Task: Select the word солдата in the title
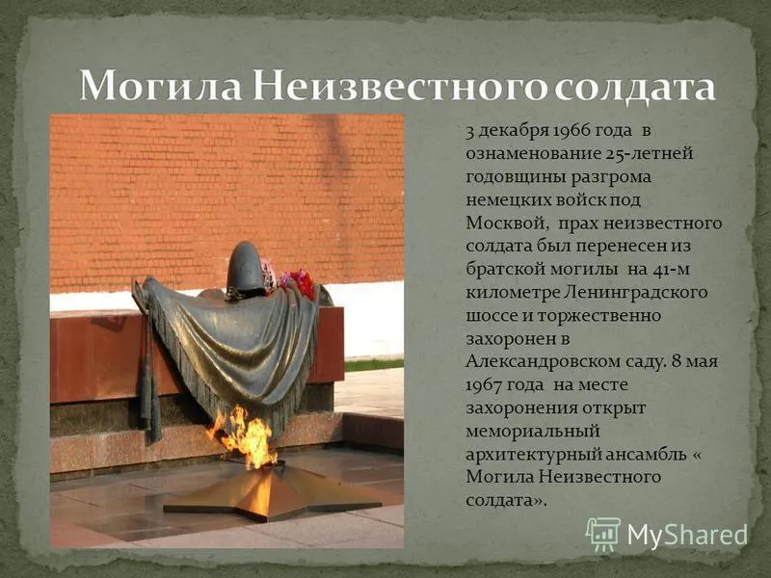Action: pyautogui.click(x=637, y=88)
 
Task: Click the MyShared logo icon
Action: pyautogui.click(x=603, y=533)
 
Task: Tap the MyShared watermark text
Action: pyautogui.click(x=687, y=535)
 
